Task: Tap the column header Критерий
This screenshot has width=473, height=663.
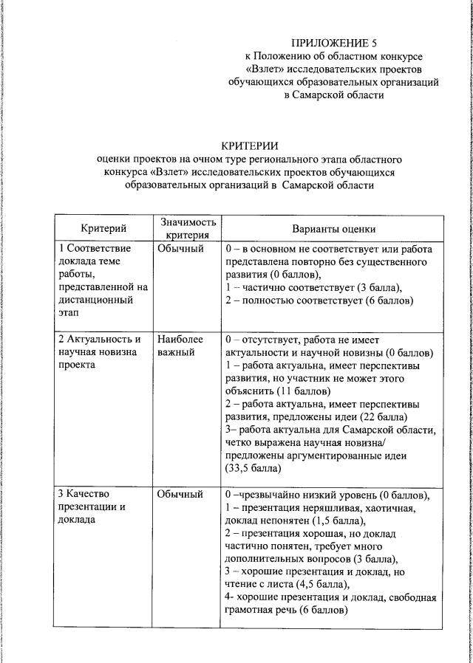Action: (103, 229)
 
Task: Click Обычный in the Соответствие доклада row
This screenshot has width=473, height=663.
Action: (180, 249)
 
